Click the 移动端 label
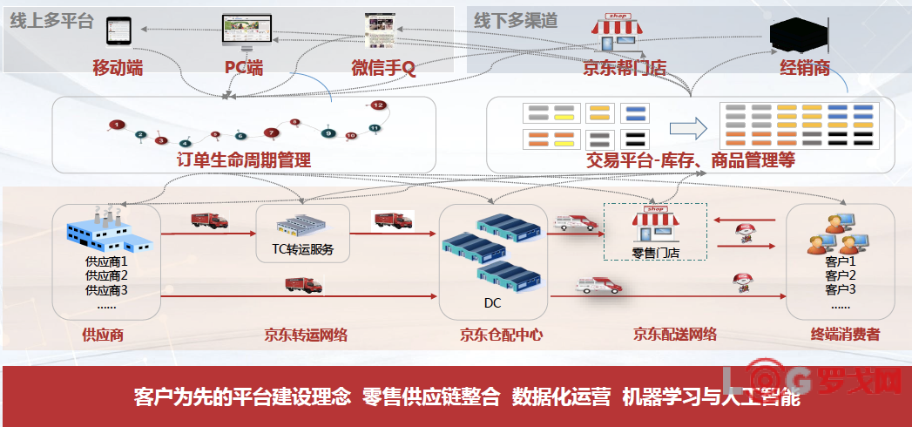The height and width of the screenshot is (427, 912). coord(118,67)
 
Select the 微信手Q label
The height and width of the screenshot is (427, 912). coord(383,67)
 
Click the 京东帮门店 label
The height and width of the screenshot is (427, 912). coord(625,67)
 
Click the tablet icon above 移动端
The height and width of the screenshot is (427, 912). coord(118,30)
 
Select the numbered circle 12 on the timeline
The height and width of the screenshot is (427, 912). coord(378,105)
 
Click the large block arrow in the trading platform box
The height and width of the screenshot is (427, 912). coord(686,127)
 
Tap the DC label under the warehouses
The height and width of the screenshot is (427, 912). coord(493,303)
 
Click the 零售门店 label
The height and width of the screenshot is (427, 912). coord(656,254)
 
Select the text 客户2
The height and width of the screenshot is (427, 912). coord(840,274)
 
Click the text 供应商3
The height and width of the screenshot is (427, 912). coord(106,289)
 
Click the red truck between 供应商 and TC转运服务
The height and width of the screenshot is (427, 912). coord(209,220)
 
